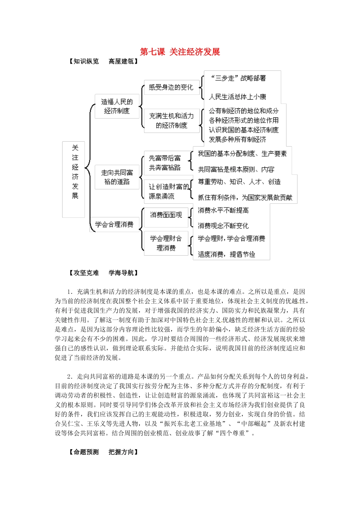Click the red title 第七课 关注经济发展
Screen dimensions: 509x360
(x=180, y=52)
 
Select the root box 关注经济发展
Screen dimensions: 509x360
(x=74, y=179)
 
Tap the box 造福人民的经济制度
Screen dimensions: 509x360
(x=117, y=106)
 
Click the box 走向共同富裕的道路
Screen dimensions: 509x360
(x=117, y=177)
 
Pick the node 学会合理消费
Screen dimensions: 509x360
(x=114, y=225)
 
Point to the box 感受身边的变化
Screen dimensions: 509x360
(x=171, y=87)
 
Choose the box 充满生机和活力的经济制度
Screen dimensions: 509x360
(x=171, y=121)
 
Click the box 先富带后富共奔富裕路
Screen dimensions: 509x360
(x=165, y=163)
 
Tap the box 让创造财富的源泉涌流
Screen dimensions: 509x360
(x=168, y=191)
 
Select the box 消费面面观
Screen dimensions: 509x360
(x=166, y=215)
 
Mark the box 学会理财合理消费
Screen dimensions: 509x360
(x=166, y=243)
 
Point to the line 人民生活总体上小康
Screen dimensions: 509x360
(x=238, y=97)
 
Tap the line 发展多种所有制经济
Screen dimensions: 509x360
(x=238, y=139)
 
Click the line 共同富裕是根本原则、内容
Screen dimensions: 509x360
(x=236, y=169)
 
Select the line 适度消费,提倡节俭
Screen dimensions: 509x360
(x=227, y=254)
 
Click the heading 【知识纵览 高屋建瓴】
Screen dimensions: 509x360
(x=103, y=61)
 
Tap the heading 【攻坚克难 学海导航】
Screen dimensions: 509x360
(x=103, y=273)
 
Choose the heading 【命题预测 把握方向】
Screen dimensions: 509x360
(x=103, y=452)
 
